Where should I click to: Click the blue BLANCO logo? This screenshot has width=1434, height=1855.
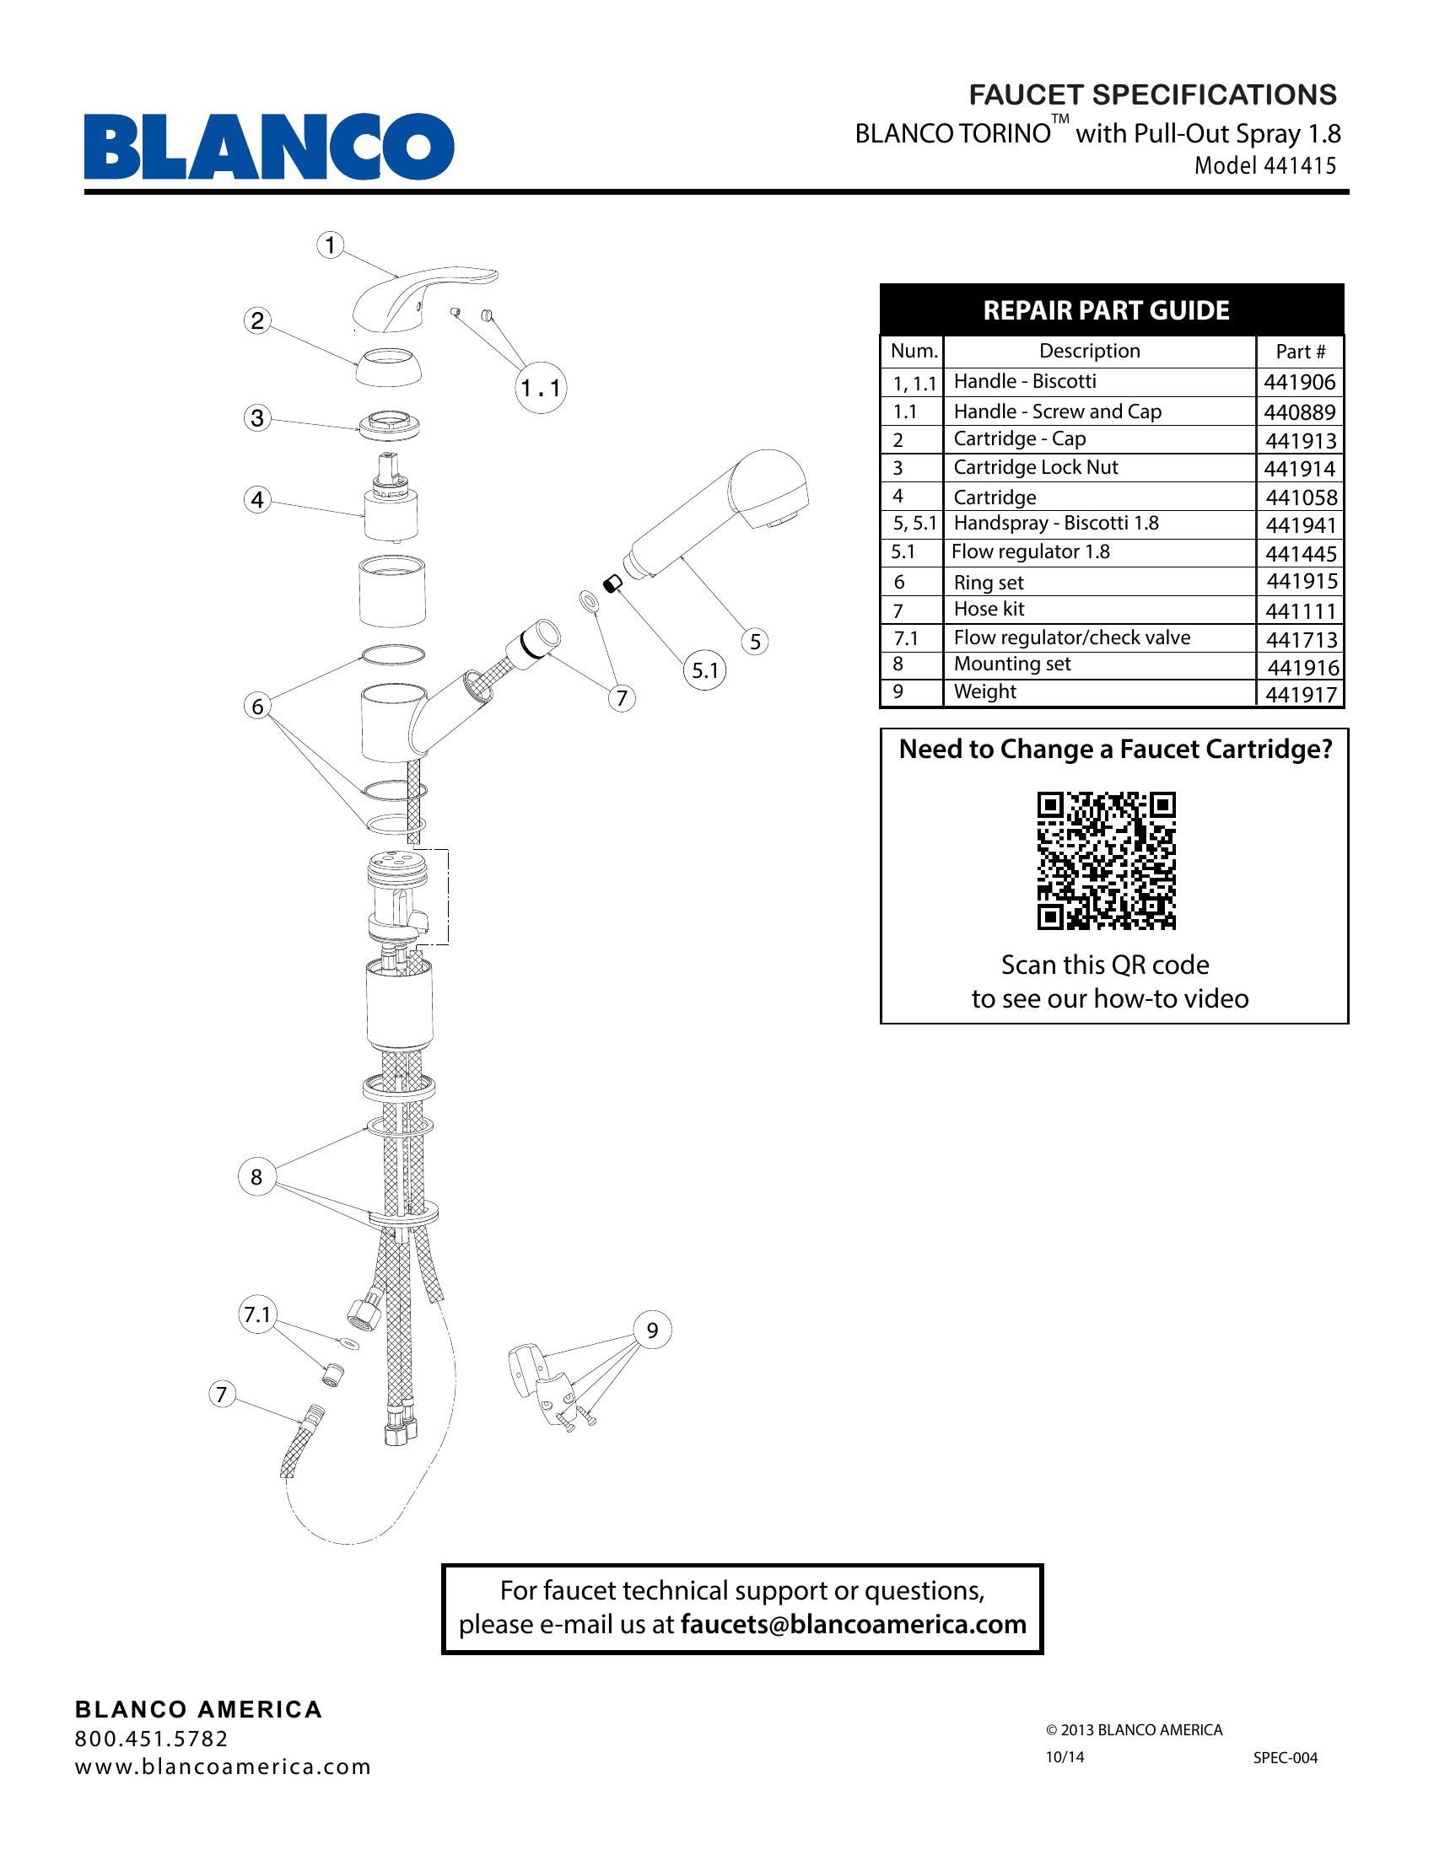(268, 147)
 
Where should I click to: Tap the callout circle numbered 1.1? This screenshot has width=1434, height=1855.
(542, 389)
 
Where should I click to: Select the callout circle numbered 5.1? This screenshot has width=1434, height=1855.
(705, 671)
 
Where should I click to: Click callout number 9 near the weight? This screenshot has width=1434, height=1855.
(652, 1330)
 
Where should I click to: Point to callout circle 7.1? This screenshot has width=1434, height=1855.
(256, 1315)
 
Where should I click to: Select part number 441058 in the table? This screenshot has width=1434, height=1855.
(1301, 497)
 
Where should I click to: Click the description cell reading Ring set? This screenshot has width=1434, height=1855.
(989, 583)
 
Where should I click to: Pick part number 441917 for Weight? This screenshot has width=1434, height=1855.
(1301, 695)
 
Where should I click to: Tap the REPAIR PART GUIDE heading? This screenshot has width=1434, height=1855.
(1106, 311)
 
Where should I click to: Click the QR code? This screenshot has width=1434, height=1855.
(1106, 860)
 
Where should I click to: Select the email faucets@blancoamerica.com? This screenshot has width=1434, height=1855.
(853, 1624)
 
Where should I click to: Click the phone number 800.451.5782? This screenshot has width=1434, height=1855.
(152, 1739)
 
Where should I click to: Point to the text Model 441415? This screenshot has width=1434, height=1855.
(1265, 165)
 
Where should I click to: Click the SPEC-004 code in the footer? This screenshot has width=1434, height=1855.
(1286, 1757)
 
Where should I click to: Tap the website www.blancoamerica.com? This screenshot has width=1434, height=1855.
(224, 1766)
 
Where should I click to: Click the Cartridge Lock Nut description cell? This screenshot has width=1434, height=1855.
(1036, 467)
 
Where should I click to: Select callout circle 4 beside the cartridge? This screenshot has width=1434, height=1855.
(257, 499)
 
